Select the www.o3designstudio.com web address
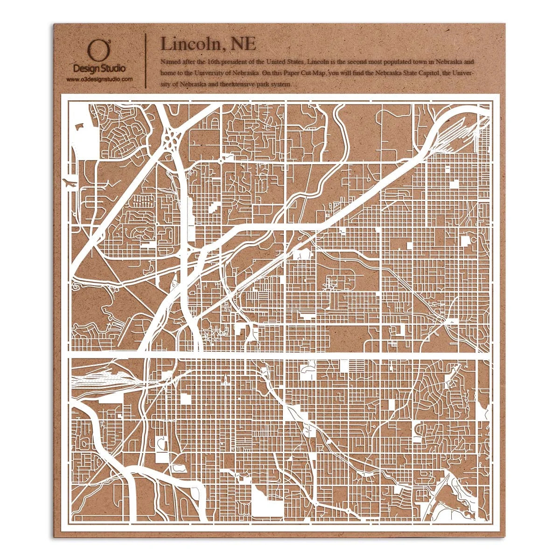[99, 80]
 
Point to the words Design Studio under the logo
[99, 69]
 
